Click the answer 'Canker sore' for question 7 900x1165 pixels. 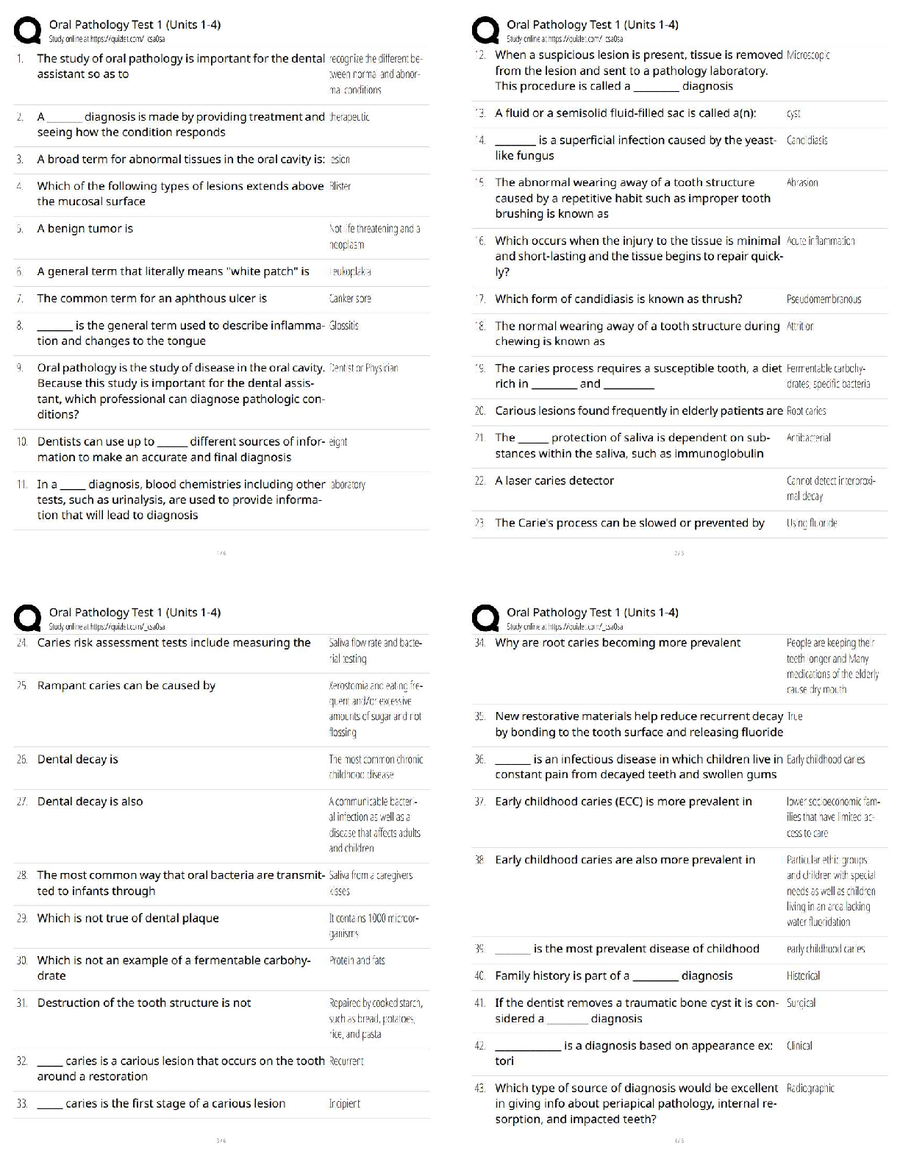[350, 299]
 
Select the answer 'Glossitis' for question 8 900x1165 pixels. [344, 325]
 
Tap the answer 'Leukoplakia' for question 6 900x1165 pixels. [351, 271]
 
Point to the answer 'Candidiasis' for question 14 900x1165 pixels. [807, 140]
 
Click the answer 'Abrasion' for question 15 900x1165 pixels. [802, 182]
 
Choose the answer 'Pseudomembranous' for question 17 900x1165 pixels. [824, 299]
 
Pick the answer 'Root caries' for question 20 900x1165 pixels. [806, 411]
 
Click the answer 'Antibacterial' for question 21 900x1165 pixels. [808, 438]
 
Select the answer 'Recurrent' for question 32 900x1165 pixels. [346, 1061]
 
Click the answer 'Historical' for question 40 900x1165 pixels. [803, 976]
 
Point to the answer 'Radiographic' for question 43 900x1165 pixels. [810, 1088]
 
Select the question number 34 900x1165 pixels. [480, 643]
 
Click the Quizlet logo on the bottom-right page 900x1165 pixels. [485, 619]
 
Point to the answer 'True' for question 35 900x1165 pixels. [794, 716]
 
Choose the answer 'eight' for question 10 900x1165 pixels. [338, 442]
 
